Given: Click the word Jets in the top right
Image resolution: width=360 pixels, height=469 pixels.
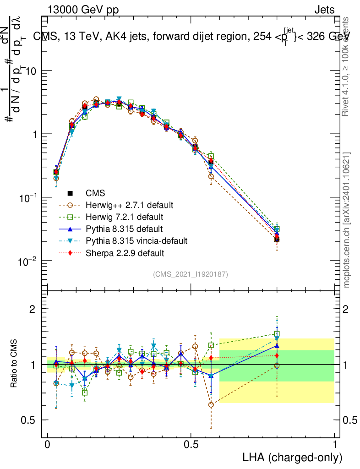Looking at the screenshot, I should click(x=324, y=10).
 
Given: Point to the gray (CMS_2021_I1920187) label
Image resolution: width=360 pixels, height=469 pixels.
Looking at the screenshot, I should click(x=191, y=274).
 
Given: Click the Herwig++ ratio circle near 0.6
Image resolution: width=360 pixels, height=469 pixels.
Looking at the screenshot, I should click(x=211, y=404).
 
